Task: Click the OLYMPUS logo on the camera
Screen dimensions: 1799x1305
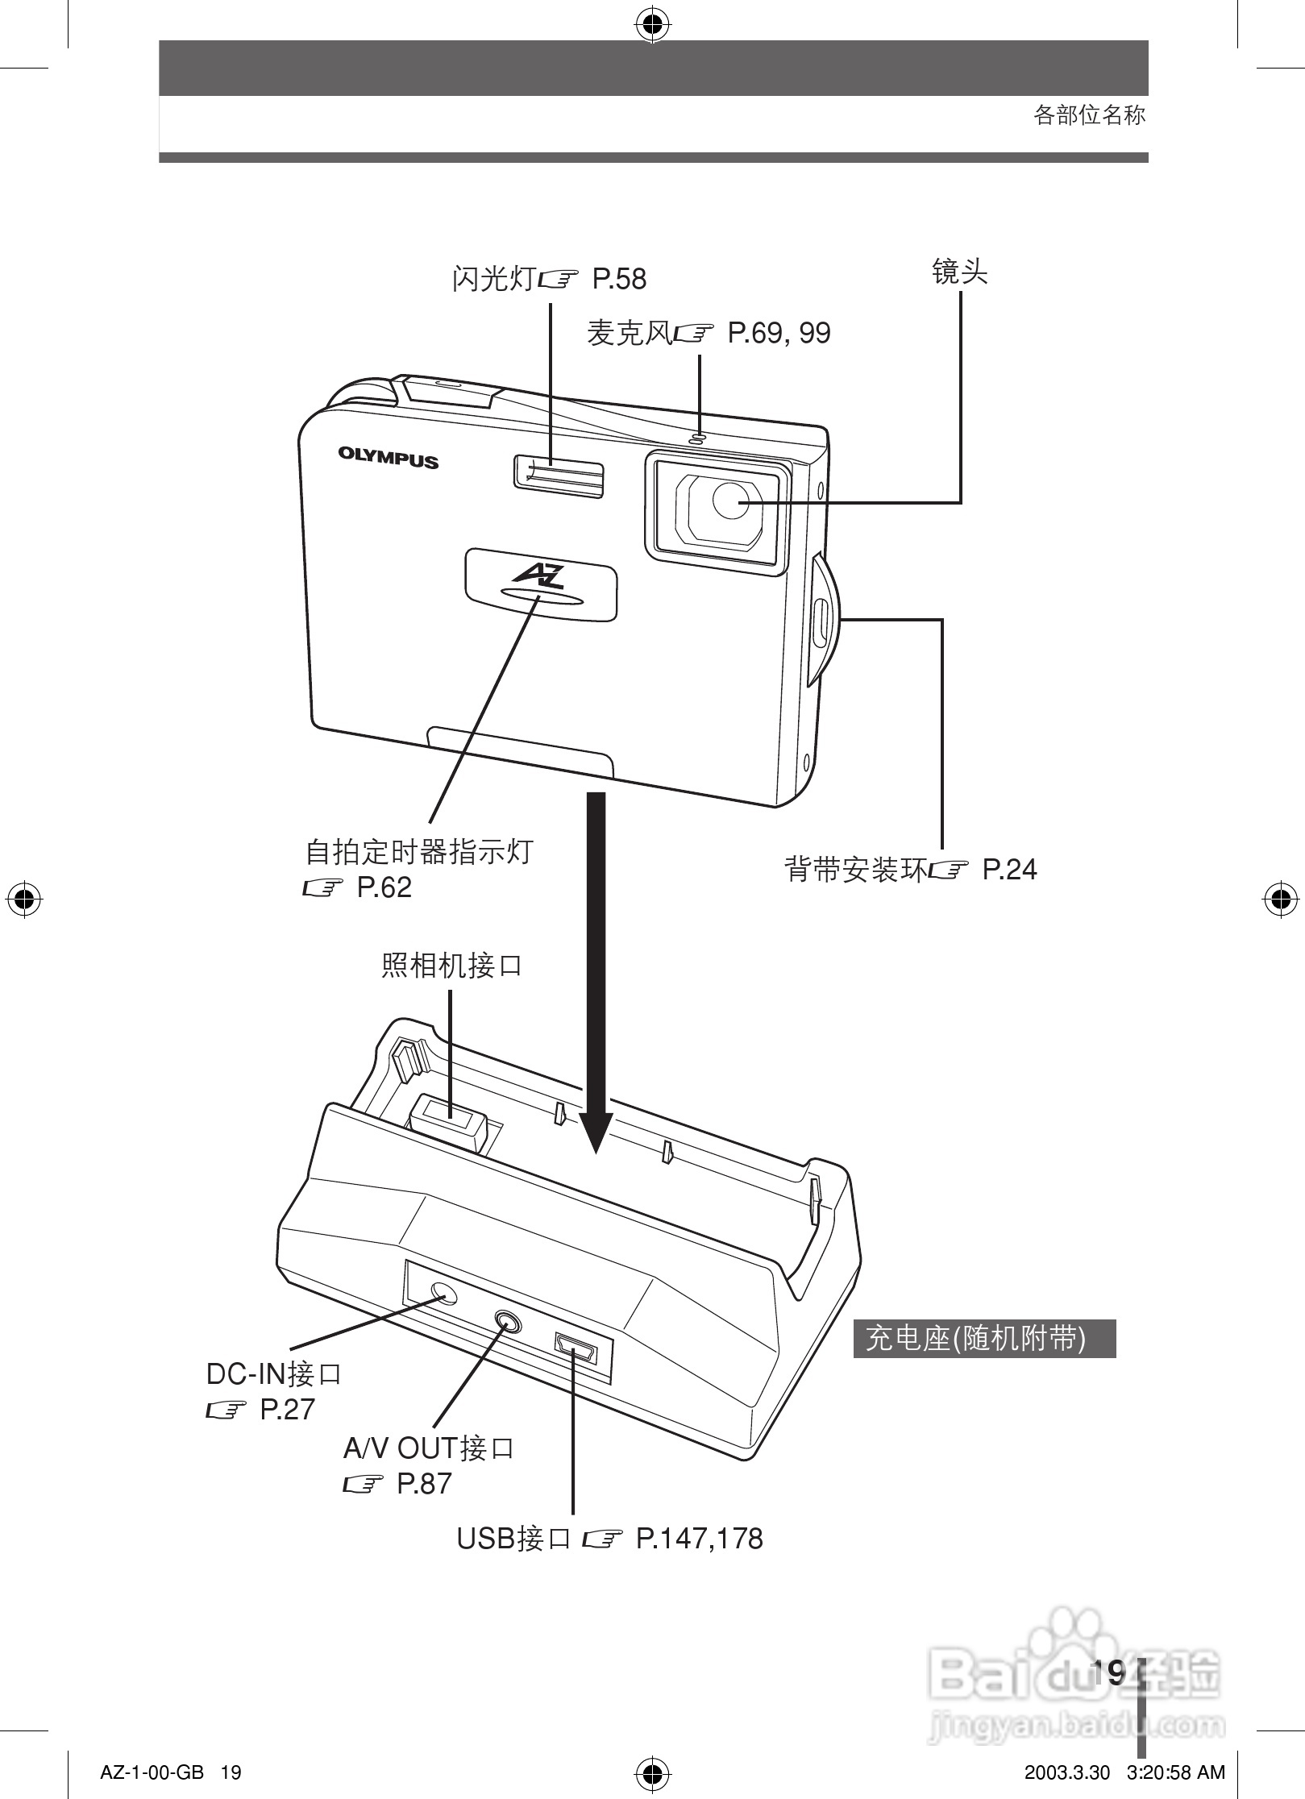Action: (388, 458)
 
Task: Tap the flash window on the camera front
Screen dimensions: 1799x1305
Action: (558, 476)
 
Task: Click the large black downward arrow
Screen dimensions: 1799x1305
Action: (596, 967)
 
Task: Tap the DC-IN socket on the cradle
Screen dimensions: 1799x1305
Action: (443, 1294)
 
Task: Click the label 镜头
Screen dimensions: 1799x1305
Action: (959, 272)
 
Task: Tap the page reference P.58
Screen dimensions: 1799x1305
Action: (619, 280)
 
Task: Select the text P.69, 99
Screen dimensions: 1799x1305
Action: (779, 333)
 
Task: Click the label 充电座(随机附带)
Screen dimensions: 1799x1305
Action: (976, 1339)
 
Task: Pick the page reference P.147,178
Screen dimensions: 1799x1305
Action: (699, 1538)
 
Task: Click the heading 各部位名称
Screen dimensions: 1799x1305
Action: (1089, 115)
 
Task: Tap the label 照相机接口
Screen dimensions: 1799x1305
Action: (451, 964)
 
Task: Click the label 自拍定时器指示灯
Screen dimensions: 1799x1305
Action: (419, 851)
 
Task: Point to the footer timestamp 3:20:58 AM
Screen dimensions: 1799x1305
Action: (1176, 1772)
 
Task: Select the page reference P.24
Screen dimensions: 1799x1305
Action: (1009, 870)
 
